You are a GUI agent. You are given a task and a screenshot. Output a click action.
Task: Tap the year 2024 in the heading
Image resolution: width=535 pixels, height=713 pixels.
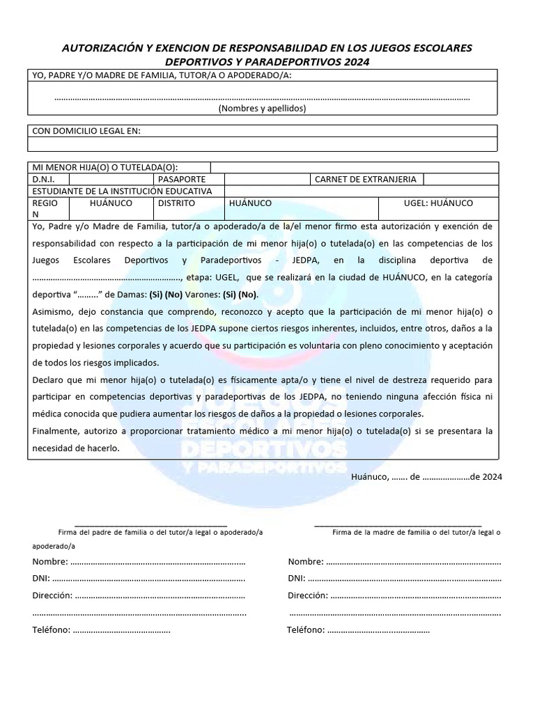pos(355,61)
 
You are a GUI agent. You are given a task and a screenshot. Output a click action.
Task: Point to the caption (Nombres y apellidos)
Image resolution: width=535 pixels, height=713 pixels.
pos(262,108)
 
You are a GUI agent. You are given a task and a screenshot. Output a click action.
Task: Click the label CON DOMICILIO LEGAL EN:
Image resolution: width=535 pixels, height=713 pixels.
pos(87,131)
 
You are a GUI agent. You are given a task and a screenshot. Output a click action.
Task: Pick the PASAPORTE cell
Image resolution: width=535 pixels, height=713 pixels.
pos(182,179)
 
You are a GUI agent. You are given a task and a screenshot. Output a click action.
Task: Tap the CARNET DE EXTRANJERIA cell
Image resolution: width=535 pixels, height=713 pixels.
pos(366,179)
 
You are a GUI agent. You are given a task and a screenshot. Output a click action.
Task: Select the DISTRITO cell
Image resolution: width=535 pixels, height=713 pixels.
pos(176,203)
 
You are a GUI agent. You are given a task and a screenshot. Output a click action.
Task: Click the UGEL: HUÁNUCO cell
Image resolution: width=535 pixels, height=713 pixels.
pos(438,203)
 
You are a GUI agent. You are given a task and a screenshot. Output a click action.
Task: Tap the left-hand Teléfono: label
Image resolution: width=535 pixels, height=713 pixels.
pos(51,630)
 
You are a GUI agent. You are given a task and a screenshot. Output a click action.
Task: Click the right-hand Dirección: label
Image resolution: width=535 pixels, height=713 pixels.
pos(307,596)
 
